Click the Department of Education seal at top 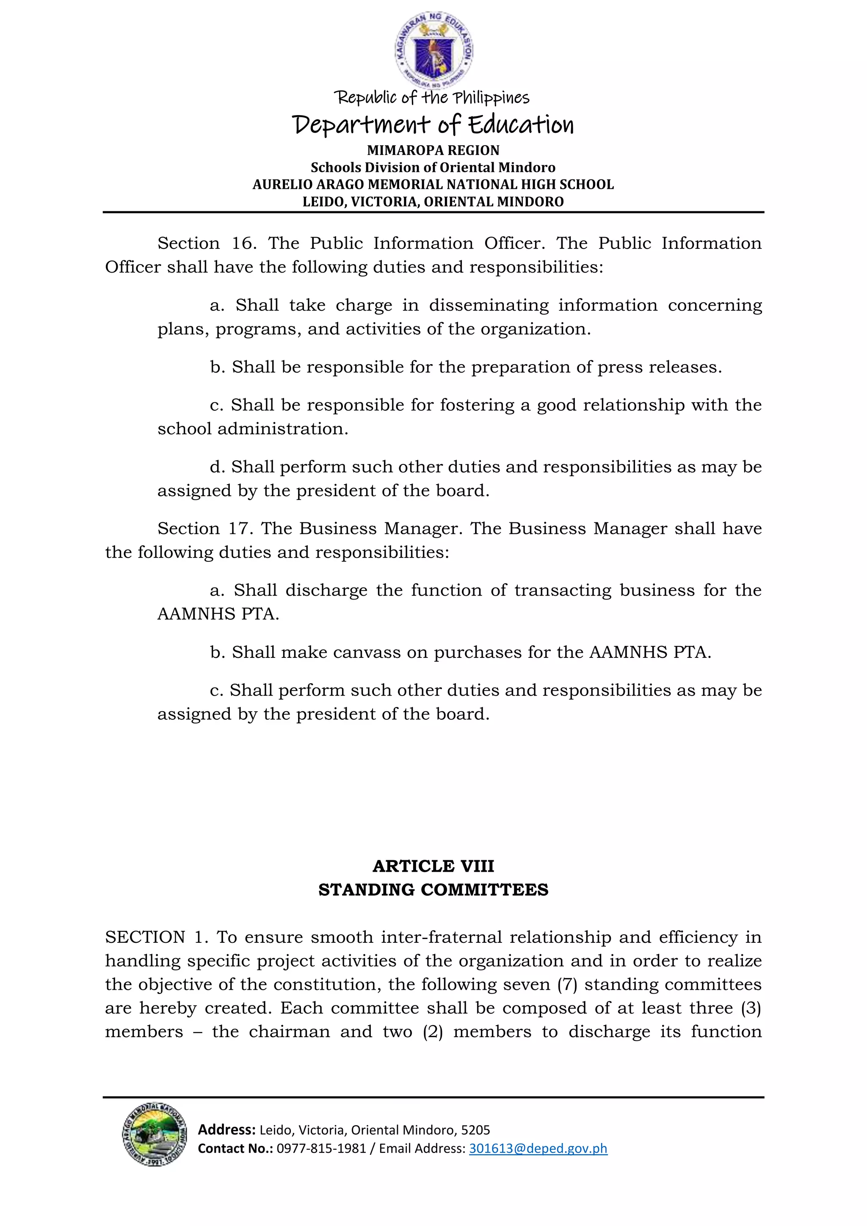click(433, 50)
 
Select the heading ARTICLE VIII click(433, 866)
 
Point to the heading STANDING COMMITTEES click(433, 889)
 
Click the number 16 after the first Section click(243, 243)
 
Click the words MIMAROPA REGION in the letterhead click(433, 151)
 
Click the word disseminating click(489, 305)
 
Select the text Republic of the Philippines click(431, 98)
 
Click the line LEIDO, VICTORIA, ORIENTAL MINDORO click(433, 202)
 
